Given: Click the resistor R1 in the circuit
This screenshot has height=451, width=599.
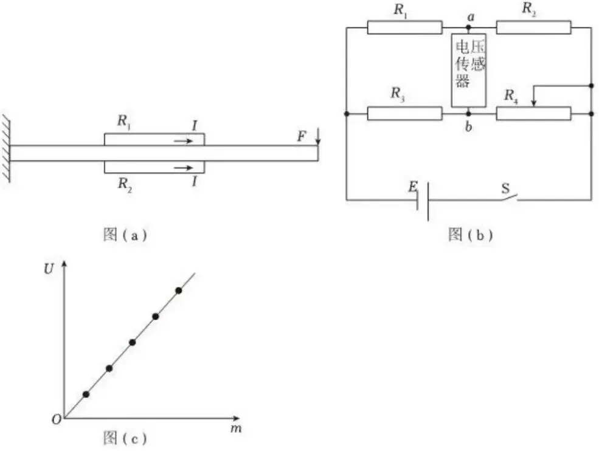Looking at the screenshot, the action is pos(404,27).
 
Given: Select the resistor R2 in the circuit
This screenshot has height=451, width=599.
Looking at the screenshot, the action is pos(533,27).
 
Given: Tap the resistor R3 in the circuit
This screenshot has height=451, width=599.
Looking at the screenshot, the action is pos(404,113).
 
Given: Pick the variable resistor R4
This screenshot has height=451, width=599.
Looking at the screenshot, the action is pos(533,113).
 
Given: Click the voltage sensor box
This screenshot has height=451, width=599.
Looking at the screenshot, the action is pos(468,70).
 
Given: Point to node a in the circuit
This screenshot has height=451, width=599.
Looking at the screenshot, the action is pos(468,27).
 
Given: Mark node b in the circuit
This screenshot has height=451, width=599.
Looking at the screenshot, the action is pos(468,113).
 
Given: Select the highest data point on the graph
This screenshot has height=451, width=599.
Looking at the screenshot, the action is pos(179,291).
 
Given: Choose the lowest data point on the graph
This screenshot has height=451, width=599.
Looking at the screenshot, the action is pos(86,394).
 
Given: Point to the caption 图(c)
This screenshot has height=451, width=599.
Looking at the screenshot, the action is pos(125,437).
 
